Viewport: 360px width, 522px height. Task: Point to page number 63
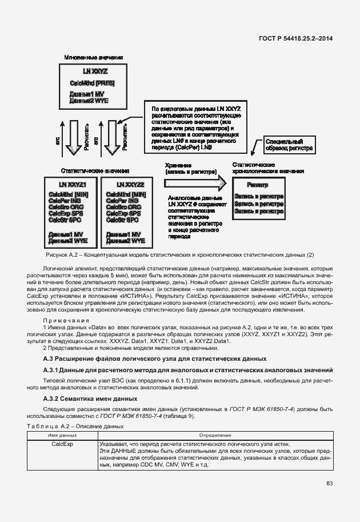coord(330,484)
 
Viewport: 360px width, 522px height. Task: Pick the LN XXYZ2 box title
coord(130,185)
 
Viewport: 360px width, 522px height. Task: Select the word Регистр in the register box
coord(258,185)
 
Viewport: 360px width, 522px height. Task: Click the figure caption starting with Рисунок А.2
coord(179,254)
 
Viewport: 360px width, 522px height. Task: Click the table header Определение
coord(215,435)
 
